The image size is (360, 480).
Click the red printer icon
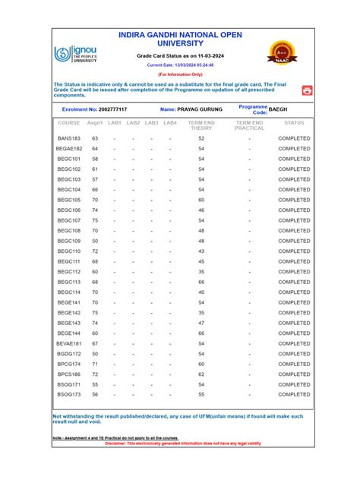(307, 90)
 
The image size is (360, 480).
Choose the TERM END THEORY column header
(201, 125)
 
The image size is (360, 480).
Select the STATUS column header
(294, 122)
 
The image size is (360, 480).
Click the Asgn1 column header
(95, 122)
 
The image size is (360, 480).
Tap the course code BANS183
(69, 138)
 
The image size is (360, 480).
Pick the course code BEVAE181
(69, 343)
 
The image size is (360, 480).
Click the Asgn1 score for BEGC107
(95, 220)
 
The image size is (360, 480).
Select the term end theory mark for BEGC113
(201, 282)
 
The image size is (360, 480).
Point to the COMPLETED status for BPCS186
(294, 374)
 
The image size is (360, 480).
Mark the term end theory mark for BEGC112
(201, 271)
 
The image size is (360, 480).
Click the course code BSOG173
(69, 395)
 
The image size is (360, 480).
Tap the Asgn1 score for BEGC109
(95, 241)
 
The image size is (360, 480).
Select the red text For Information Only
(180, 74)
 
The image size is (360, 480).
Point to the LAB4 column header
(170, 122)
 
